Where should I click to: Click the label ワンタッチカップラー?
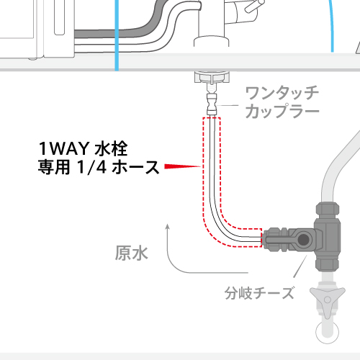point(282,102)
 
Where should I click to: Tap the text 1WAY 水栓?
point(83,149)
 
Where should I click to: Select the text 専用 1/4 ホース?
point(99,167)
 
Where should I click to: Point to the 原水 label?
point(131,253)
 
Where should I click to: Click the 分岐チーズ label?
point(259,293)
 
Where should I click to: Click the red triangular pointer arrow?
point(182,166)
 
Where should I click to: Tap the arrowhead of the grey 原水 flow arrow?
point(168,227)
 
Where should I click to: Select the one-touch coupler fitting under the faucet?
point(212,104)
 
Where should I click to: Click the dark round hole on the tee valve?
point(304,239)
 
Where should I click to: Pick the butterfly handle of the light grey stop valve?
point(328,300)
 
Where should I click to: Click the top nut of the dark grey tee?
point(328,210)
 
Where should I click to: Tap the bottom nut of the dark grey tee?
point(328,264)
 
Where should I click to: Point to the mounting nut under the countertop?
point(212,77)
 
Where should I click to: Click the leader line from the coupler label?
point(227,105)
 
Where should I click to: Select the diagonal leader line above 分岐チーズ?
point(300,266)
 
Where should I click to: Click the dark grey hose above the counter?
point(135,32)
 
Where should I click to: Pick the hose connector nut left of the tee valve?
point(275,239)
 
